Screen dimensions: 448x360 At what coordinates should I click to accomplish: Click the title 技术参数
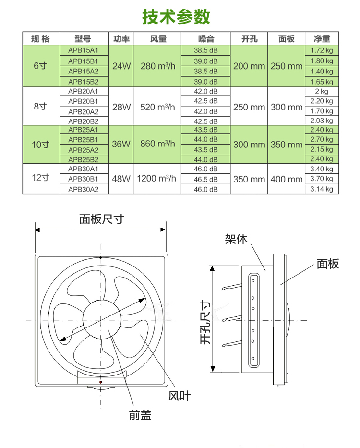coord(176,17)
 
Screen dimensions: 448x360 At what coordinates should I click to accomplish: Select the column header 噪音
coord(206,39)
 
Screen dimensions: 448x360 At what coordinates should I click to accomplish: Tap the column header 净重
coord(322,39)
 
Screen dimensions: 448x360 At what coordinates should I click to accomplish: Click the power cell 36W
coord(121,144)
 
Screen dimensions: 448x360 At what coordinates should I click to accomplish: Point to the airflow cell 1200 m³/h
coord(156,179)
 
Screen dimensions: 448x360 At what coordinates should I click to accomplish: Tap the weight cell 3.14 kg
coord(322,189)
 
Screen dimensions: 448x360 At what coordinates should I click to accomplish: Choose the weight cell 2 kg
coord(322,91)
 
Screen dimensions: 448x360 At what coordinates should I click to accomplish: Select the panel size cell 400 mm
coord(286,179)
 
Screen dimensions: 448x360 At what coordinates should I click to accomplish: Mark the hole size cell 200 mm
coord(249,66)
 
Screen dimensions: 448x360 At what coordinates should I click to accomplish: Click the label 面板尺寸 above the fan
coord(101,219)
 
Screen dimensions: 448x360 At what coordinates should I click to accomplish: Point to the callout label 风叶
coord(179,396)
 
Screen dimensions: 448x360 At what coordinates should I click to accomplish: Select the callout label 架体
coord(236,239)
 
